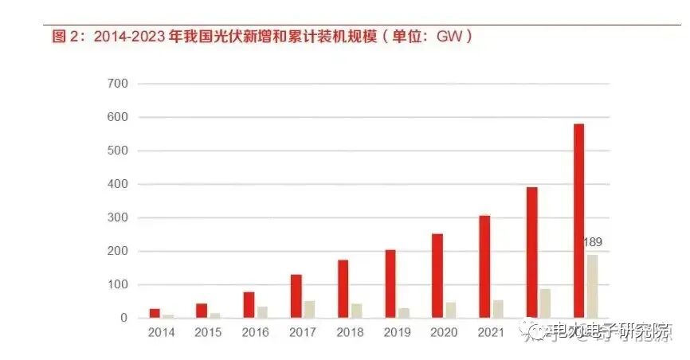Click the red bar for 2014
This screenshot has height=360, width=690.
155,313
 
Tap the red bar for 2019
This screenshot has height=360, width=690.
390,284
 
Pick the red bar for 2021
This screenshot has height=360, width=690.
484,267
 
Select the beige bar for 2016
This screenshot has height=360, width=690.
262,312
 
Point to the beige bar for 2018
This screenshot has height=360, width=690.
356,311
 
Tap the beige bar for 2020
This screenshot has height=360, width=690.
450,310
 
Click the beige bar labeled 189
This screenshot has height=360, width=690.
592,286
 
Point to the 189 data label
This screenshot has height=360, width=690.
592,242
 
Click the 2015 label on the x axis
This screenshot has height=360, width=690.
208,331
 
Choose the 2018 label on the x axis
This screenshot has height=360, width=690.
349,331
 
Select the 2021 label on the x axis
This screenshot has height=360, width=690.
490,331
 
